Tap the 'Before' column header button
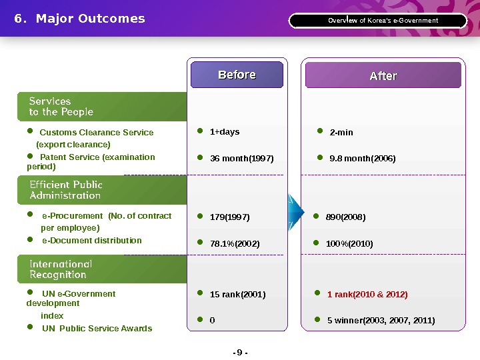(x=237, y=75)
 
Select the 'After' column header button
(x=383, y=76)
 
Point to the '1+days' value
(x=225, y=132)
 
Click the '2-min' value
(x=341, y=133)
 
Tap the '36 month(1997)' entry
(x=241, y=159)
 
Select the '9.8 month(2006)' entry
(x=361, y=159)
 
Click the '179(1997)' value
(x=230, y=217)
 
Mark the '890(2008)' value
(x=346, y=217)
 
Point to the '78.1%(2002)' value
(x=235, y=244)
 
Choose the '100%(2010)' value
(x=349, y=244)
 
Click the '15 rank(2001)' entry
(x=237, y=295)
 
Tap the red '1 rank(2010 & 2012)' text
(x=367, y=295)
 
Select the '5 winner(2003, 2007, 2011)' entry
(x=381, y=321)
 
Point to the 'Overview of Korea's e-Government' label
(x=383, y=21)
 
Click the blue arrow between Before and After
(x=291, y=212)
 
